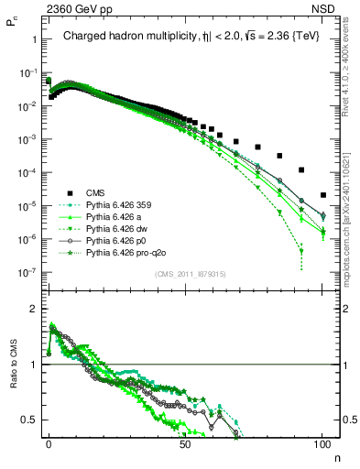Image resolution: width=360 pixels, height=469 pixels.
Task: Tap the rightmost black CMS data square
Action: click(322, 195)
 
